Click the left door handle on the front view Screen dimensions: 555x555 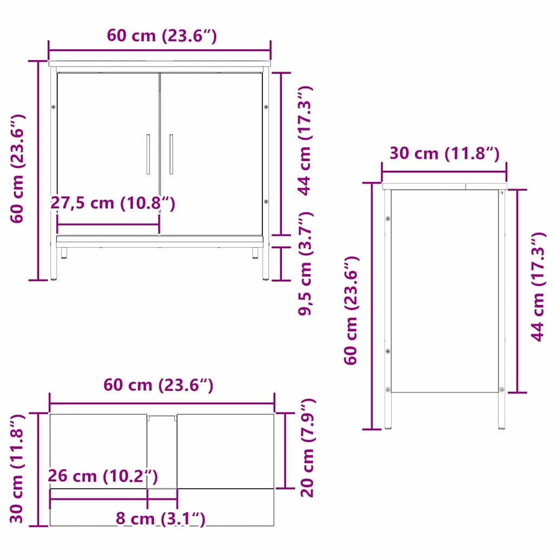148,154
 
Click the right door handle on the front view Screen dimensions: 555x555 171,154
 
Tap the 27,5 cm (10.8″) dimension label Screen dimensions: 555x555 113,203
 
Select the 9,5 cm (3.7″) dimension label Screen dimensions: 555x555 305,263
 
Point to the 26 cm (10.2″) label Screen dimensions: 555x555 103,476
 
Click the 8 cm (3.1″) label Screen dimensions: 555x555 160,519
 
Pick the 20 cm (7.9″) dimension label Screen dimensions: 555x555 307,448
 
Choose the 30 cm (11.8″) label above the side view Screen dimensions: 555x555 444,153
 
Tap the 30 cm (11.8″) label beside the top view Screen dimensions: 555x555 17,469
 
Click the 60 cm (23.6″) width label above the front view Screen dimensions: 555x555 162,36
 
